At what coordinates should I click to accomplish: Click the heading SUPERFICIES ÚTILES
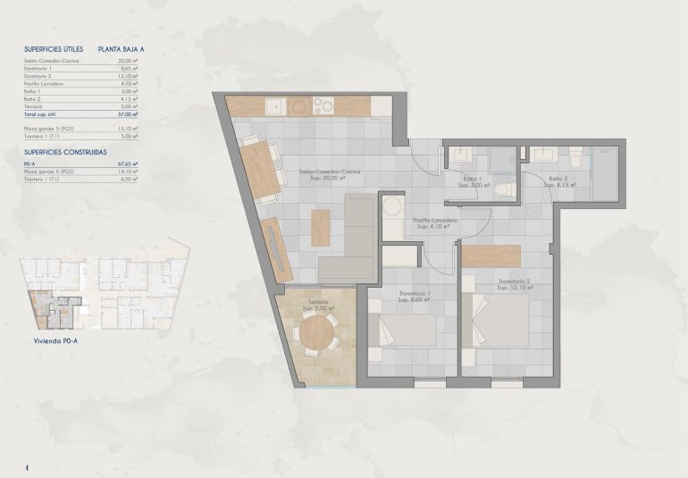click(53, 50)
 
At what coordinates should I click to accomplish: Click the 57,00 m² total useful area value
click(129, 114)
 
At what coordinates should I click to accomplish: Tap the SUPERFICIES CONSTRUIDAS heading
click(60, 153)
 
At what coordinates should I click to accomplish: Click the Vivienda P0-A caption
click(47, 340)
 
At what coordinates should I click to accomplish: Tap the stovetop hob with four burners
click(320, 107)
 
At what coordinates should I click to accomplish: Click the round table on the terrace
click(317, 334)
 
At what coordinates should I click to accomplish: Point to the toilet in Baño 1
click(503, 189)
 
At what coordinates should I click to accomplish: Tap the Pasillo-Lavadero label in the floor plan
click(435, 221)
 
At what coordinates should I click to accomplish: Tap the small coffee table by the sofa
click(320, 227)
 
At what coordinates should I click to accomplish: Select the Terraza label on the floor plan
click(318, 303)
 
